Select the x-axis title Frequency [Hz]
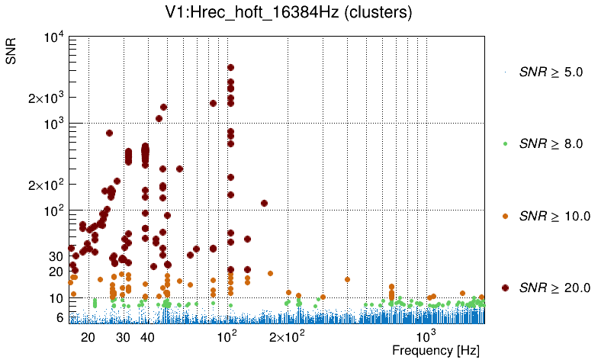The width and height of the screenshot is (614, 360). coord(436,350)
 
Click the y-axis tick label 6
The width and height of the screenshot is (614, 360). coord(59,317)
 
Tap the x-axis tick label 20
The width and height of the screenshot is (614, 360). coord(88,337)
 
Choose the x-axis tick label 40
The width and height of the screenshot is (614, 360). coord(148,337)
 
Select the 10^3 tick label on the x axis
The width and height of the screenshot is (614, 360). coord(426,336)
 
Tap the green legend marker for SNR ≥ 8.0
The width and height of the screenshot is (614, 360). coord(505,143)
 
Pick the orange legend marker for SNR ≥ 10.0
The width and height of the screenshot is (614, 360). coord(505,215)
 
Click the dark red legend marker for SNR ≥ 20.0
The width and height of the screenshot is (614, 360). coord(505,287)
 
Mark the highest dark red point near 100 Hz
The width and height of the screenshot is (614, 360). coord(230,68)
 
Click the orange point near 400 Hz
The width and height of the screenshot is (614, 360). coord(347,279)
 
